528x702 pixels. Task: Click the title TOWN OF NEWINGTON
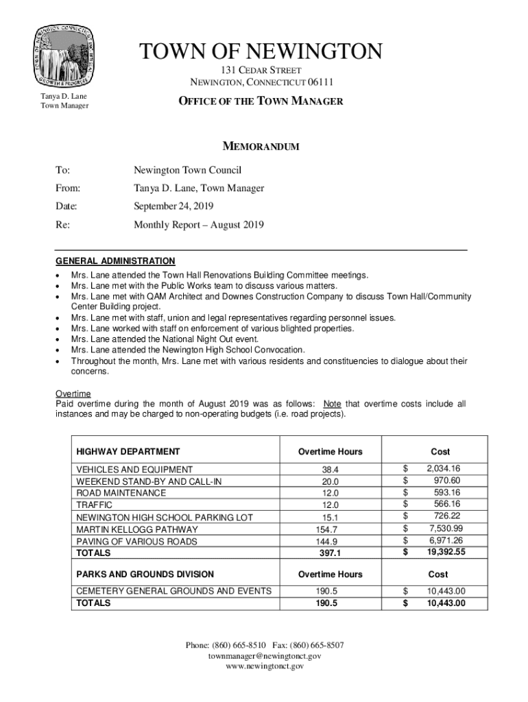(261, 51)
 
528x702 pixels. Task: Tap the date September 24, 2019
(174, 206)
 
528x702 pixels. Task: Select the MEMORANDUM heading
(261, 147)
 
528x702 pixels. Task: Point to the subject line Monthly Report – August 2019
(198, 225)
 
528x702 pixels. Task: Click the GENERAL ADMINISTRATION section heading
(115, 261)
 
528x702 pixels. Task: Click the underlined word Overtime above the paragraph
(73, 394)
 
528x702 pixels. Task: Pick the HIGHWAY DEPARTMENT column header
(128, 452)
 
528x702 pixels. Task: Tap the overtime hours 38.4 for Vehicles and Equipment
(330, 470)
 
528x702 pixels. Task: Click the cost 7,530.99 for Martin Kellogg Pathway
(446, 529)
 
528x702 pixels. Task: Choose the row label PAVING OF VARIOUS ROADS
(136, 542)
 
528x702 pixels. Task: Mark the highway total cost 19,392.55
(446, 552)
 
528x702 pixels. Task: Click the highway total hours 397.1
(330, 553)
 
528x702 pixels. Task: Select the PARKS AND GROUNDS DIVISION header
(145, 574)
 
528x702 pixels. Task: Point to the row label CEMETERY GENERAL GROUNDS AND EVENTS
(173, 591)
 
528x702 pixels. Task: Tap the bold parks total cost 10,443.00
(446, 603)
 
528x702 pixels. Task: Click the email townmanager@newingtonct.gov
(264, 656)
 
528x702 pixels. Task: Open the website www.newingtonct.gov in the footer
(264, 666)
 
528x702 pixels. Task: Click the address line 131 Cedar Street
(261, 71)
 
